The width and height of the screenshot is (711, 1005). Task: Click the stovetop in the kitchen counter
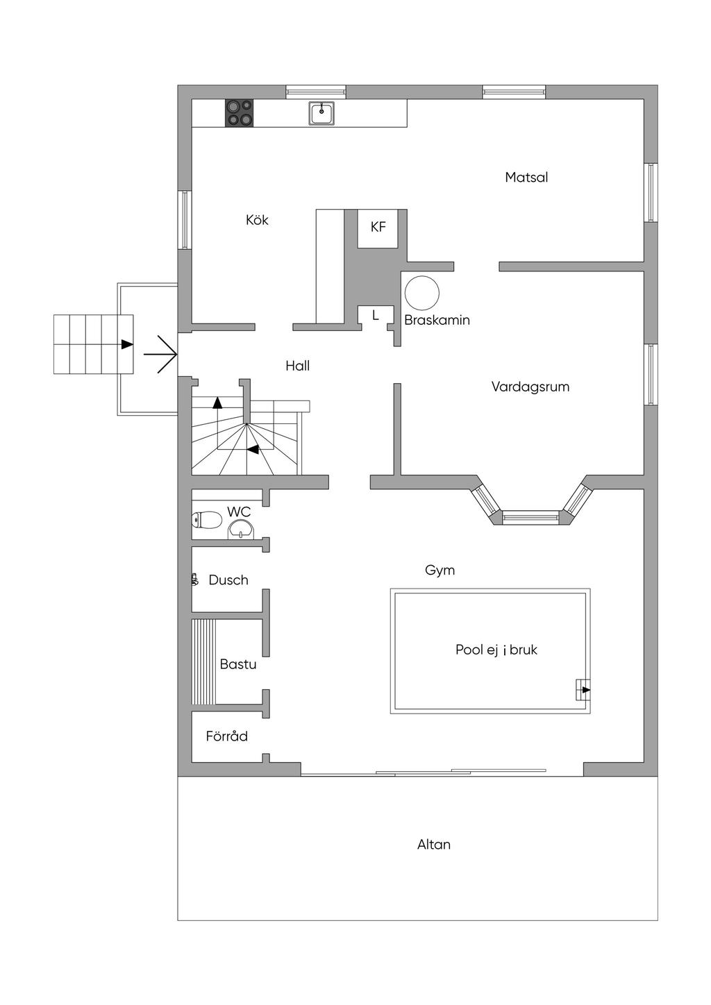(x=240, y=112)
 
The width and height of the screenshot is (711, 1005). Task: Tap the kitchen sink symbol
(x=321, y=113)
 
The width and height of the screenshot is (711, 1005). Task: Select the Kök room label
(x=257, y=220)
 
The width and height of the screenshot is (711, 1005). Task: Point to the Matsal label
(x=526, y=177)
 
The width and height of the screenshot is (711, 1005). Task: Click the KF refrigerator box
(x=378, y=228)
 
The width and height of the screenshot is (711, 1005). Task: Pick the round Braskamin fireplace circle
(x=422, y=292)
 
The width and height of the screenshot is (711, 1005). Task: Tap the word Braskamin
(x=437, y=320)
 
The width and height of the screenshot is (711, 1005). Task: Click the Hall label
(x=298, y=366)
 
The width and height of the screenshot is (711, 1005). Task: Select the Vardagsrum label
(x=530, y=387)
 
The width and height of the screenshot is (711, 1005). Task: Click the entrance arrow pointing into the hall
(x=160, y=354)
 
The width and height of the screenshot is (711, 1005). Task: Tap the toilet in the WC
(x=207, y=521)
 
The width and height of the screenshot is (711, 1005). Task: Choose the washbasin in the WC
(x=242, y=530)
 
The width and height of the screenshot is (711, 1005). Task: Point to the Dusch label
(x=228, y=580)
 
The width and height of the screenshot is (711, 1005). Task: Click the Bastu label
(x=238, y=664)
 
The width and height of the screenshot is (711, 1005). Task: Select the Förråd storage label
(x=226, y=736)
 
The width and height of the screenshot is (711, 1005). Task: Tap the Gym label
(x=440, y=571)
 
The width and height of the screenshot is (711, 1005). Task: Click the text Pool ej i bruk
(x=496, y=650)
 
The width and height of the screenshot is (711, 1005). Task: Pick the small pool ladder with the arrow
(x=583, y=690)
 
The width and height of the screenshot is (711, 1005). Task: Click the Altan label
(x=433, y=845)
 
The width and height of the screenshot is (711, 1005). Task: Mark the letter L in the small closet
(x=375, y=315)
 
